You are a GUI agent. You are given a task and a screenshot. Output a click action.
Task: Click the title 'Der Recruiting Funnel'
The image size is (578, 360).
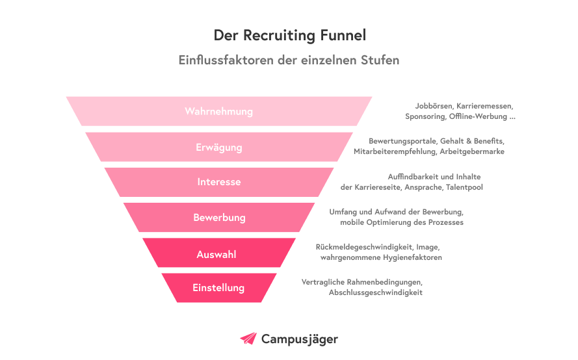tap(289, 34)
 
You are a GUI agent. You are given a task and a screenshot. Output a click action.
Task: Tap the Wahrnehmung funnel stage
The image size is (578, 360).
tap(219, 111)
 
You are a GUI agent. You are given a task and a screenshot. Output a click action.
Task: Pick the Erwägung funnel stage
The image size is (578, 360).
tap(219, 147)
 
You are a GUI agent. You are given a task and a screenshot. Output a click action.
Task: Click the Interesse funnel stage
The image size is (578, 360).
tap(219, 182)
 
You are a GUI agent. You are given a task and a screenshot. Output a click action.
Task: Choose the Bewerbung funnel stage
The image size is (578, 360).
tap(219, 217)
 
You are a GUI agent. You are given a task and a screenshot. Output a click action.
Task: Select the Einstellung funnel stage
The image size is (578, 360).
tap(218, 288)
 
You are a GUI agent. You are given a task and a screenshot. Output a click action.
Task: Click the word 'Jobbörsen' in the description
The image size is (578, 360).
tap(434, 106)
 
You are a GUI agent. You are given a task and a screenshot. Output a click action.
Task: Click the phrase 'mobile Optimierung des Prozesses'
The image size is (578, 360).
tap(401, 223)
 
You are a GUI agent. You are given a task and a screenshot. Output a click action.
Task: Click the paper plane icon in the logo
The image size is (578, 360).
tap(248, 339)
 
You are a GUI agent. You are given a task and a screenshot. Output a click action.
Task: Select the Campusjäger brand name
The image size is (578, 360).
tap(299, 339)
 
